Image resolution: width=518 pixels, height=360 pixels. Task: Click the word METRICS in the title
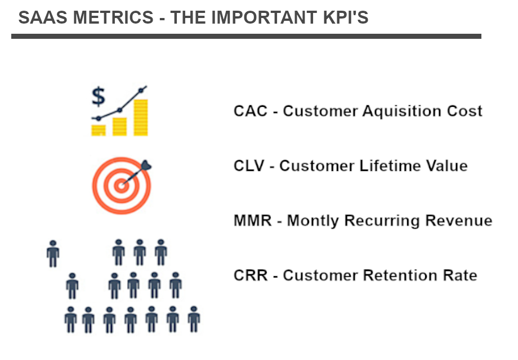pyautogui.click(x=113, y=17)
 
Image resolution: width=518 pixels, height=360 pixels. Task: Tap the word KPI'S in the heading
pyautogui.click(x=345, y=17)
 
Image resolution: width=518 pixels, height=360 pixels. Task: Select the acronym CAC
pyautogui.click(x=251, y=111)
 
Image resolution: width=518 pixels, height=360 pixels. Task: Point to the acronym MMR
pyautogui.click(x=252, y=220)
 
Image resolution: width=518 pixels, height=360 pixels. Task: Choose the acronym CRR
pyautogui.click(x=251, y=275)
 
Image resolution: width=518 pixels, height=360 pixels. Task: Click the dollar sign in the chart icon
pyautogui.click(x=99, y=96)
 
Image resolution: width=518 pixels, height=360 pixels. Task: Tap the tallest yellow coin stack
pyautogui.click(x=141, y=118)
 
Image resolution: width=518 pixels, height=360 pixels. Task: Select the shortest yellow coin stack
pyautogui.click(x=99, y=130)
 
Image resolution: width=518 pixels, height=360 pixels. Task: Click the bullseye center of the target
pyautogui.click(x=121, y=186)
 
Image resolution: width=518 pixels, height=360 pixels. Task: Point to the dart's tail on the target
pyautogui.click(x=146, y=165)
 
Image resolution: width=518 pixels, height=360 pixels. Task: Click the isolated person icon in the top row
pyautogui.click(x=53, y=254)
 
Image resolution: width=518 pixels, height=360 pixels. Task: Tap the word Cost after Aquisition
pyautogui.click(x=465, y=111)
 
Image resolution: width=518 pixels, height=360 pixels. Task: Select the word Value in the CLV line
pyautogui.click(x=446, y=165)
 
